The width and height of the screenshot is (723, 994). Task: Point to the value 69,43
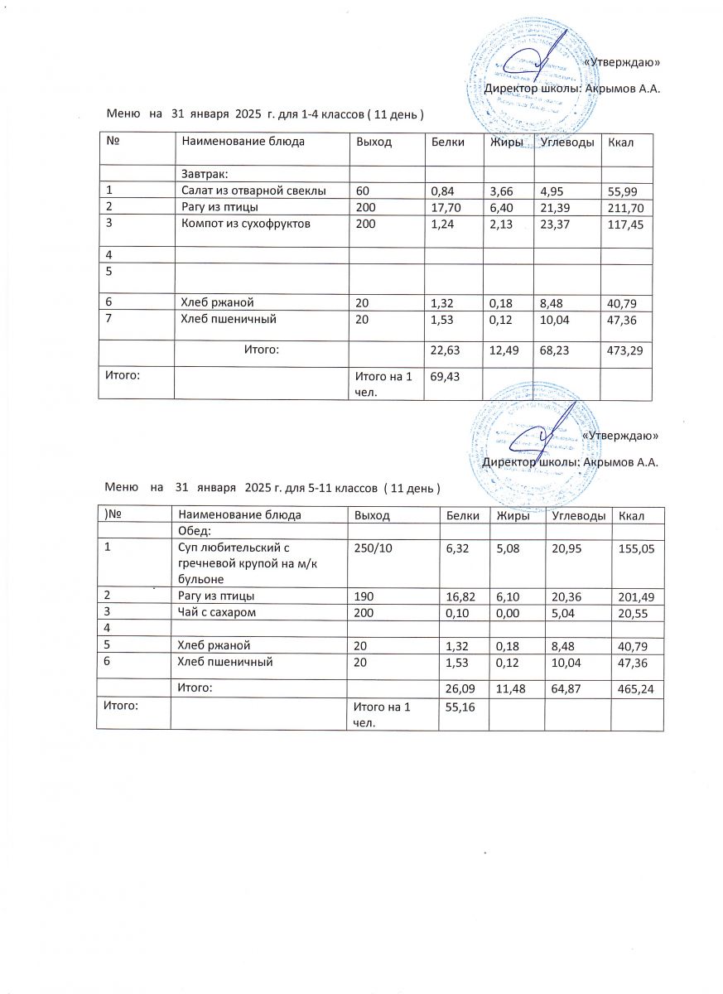pos(443,376)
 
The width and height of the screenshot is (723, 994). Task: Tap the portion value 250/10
pos(372,548)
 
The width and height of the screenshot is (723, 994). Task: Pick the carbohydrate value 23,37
pos(554,223)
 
